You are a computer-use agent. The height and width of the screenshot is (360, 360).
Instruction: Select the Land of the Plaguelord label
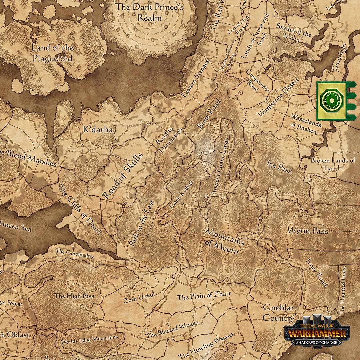52,53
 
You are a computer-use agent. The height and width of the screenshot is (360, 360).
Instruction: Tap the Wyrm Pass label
308,231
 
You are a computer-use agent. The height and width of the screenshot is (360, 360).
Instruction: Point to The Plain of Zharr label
204,296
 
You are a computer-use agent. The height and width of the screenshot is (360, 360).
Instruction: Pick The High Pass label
74,296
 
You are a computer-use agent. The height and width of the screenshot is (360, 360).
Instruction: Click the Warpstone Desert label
279,97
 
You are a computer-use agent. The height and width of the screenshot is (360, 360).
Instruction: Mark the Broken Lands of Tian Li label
332,164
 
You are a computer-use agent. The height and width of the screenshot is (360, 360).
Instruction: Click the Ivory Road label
317,272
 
